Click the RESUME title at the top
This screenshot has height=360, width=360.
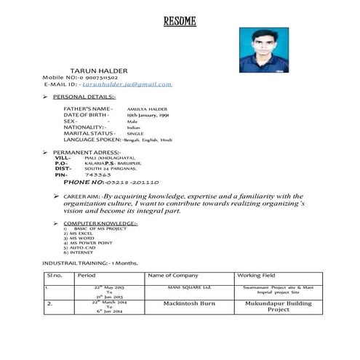180,21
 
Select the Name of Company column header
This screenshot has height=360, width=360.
173,276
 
